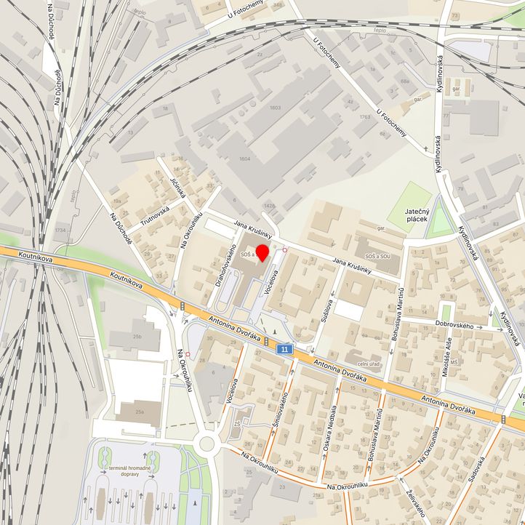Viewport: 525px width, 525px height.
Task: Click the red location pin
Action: tap(262, 255)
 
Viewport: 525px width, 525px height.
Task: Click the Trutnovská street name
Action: tap(155, 217)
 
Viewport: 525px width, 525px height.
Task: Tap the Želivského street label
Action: tap(417, 502)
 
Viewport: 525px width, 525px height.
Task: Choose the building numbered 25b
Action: tap(137, 337)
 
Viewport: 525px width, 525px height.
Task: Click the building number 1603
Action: tap(274, 108)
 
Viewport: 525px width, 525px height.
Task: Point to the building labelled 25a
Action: tap(138, 412)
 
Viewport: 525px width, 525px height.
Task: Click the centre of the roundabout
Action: tap(207, 443)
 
